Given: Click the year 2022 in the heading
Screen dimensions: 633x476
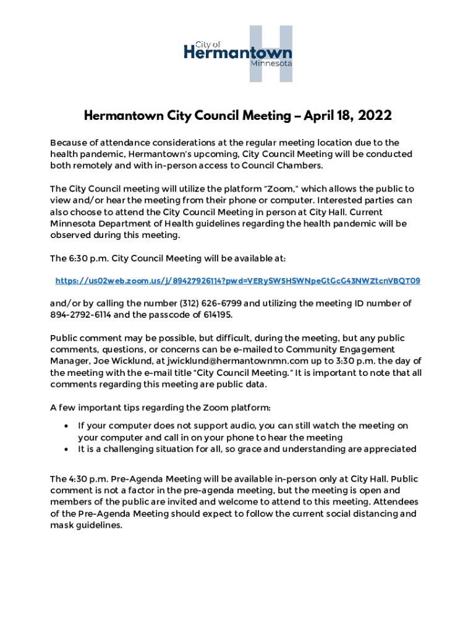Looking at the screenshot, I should pyautogui.click(x=366, y=116).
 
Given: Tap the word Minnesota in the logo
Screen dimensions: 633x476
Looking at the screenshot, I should pyautogui.click(x=271, y=63).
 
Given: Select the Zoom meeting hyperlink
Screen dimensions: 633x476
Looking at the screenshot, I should pyautogui.click(x=237, y=281).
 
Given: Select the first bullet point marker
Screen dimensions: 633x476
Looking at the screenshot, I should pyautogui.click(x=66, y=426).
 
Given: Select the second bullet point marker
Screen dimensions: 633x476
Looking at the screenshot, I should pyautogui.click(x=66, y=449).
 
